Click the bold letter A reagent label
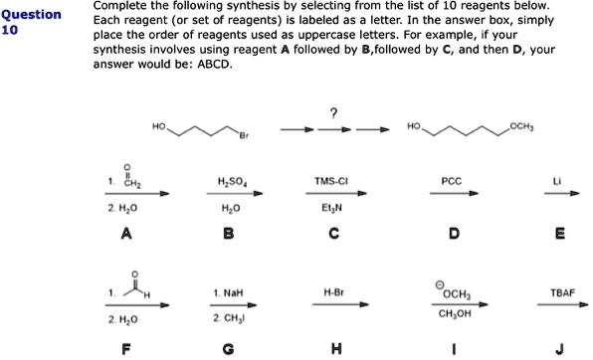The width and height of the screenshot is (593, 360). point(125,235)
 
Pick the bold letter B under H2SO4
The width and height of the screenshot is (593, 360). point(229,235)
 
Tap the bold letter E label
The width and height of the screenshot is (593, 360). point(561,235)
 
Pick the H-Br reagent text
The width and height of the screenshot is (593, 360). point(332,293)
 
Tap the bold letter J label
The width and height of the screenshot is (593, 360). point(561,347)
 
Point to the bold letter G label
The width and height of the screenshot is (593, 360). point(229,347)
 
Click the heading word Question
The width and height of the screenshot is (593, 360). point(33,15)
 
